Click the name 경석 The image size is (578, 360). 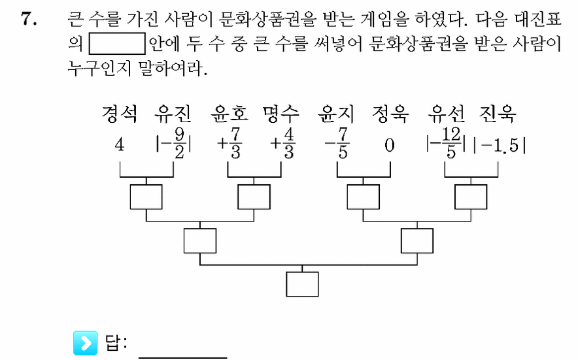pos(120,114)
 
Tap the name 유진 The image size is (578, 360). pos(173,114)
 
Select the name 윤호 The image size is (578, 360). pos(229,114)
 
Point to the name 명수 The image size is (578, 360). pos(281,114)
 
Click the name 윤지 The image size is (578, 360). pos(336,114)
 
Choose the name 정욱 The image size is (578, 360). pos(390,114)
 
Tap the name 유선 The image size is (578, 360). pos(446,114)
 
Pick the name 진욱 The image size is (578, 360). pos(498,114)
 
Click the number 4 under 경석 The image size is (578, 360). pos(120,144)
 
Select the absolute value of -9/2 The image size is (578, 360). pos(173,143)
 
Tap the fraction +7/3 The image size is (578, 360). pos(229,143)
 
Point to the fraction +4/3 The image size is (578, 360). pos(282,143)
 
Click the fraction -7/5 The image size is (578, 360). pos(337,143)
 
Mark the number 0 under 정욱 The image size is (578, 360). pos(390,145)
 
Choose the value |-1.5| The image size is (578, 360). pos(500,146)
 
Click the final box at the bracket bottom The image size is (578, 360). pos(302,284)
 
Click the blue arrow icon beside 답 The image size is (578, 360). pos(86,343)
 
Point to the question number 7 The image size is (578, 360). pos(28,18)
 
